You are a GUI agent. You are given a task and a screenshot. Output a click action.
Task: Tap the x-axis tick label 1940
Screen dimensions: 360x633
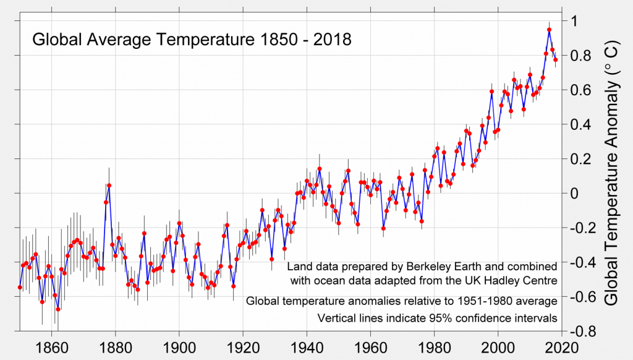(307, 348)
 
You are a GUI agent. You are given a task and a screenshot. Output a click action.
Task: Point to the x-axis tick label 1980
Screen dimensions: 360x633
(435, 348)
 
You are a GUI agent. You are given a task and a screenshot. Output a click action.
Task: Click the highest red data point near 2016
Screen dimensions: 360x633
(549, 30)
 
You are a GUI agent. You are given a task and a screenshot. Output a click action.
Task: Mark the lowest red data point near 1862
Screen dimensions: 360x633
(58, 309)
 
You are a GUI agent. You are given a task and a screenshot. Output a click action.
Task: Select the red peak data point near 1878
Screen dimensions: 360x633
(109, 185)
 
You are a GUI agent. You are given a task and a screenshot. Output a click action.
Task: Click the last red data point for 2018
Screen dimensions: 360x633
(555, 60)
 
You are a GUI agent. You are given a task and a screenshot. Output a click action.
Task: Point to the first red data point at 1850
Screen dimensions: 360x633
(20, 287)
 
